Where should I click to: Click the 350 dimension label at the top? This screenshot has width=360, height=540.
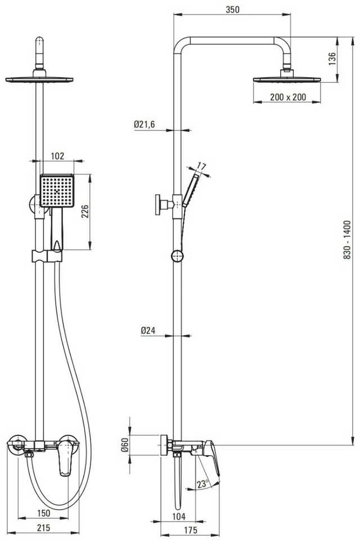232,10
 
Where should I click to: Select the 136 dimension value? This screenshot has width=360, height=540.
331,59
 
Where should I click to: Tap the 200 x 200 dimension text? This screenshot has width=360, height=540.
287,97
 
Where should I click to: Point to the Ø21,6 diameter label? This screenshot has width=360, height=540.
145,124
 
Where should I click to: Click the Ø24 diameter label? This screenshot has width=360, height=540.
148,331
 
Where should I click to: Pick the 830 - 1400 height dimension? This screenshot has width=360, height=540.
346,240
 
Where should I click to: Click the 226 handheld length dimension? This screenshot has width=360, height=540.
85,211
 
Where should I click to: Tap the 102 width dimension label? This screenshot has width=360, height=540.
57,156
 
